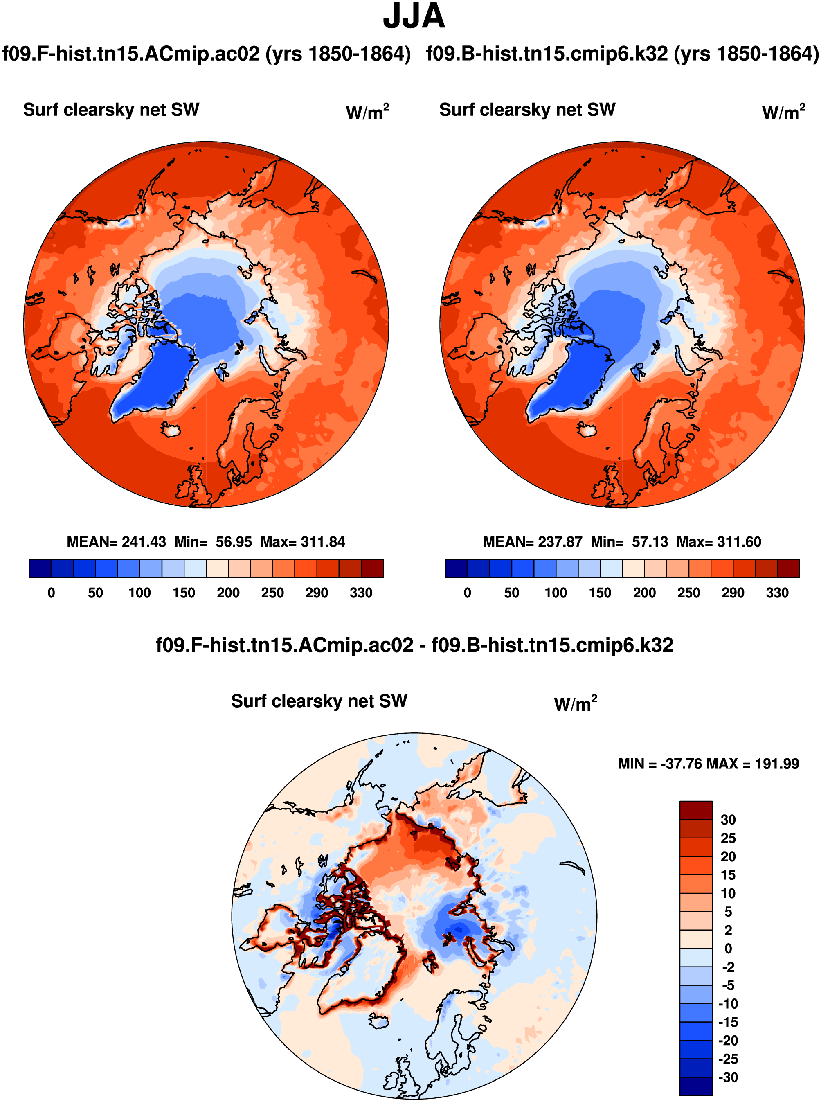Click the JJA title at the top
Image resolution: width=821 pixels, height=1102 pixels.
pyautogui.click(x=414, y=17)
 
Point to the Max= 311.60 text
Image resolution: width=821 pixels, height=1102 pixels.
pyautogui.click(x=719, y=542)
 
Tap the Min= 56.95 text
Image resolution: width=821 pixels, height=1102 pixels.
pyautogui.click(x=213, y=542)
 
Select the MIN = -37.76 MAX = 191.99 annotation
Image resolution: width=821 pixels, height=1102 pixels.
pyautogui.click(x=708, y=764)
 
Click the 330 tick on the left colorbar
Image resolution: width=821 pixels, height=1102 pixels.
pyautogui.click(x=361, y=593)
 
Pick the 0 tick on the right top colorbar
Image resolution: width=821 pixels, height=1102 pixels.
pyautogui.click(x=467, y=593)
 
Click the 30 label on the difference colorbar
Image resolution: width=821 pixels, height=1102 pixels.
pyautogui.click(x=728, y=820)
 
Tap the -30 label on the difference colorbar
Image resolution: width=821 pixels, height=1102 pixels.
pyautogui.click(x=728, y=1077)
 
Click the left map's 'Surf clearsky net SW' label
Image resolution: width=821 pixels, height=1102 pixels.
pyautogui.click(x=111, y=110)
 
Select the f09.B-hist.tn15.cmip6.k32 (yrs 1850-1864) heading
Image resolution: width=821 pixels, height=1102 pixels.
pyautogui.click(x=622, y=54)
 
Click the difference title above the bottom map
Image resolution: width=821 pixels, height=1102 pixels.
pyautogui.click(x=414, y=645)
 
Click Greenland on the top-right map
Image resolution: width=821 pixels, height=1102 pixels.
pyautogui.click(x=571, y=380)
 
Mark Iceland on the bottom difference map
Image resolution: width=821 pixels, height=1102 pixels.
pyautogui.click(x=379, y=1021)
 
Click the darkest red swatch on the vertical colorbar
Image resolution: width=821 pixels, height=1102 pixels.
pyautogui.click(x=696, y=810)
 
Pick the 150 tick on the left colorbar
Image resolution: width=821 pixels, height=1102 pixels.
pyautogui.click(x=184, y=593)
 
